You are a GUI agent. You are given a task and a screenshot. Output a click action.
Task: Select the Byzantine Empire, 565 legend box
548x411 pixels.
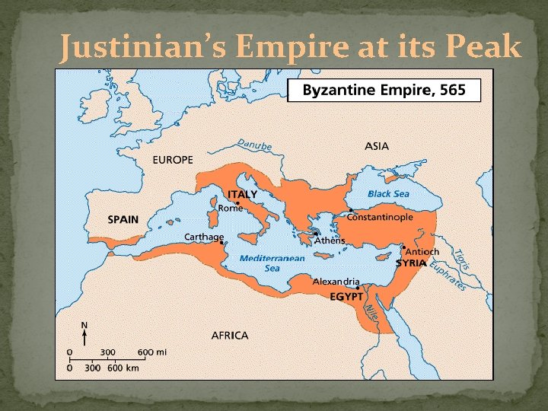(384, 91)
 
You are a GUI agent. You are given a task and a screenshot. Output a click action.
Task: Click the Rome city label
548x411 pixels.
(231, 208)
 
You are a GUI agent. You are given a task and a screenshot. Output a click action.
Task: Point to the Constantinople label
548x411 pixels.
(380, 217)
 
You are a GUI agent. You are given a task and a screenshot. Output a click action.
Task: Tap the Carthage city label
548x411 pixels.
(204, 237)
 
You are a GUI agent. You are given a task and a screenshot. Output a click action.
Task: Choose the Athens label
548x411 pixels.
(330, 241)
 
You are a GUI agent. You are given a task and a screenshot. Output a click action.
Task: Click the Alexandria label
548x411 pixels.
(336, 281)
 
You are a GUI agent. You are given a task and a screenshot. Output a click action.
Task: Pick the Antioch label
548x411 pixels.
(422, 251)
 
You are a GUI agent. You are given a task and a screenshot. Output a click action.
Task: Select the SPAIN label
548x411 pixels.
(123, 219)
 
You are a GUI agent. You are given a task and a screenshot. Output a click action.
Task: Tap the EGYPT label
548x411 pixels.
(346, 297)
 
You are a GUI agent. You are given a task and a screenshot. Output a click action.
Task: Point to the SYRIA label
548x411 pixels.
(412, 263)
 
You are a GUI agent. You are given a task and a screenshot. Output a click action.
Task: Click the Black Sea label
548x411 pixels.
(388, 193)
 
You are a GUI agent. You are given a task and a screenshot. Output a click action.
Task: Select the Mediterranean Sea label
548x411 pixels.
(272, 263)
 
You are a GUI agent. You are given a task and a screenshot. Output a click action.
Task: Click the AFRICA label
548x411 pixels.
(230, 335)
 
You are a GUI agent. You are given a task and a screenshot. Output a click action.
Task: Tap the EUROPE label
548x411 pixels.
(173, 160)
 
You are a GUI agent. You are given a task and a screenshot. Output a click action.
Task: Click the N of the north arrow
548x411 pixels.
(84, 325)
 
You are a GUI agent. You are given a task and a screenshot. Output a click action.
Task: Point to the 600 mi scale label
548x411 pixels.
(152, 352)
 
